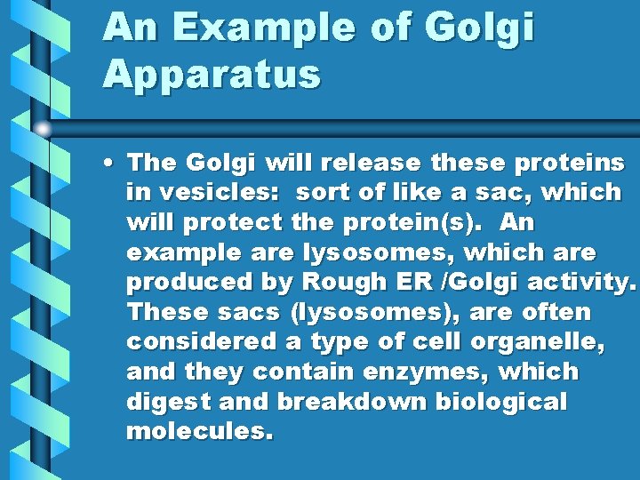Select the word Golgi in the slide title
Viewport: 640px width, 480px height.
click(x=480, y=28)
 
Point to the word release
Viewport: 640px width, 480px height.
click(x=372, y=162)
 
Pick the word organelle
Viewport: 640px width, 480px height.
click(x=547, y=342)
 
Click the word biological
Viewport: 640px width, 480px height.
click(x=500, y=402)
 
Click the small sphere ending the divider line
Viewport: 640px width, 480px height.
click(x=43, y=128)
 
